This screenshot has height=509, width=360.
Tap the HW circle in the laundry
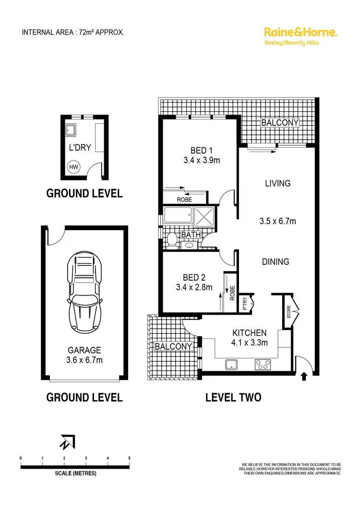click(73, 167)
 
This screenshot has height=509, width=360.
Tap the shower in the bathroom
click(204, 216)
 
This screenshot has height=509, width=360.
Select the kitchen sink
click(231, 365)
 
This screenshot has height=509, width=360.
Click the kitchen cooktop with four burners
click(263, 365)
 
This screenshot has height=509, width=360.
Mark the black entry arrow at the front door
click(303, 377)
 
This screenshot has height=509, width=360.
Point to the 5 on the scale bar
click(129, 459)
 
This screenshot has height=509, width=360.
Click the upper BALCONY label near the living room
click(280, 123)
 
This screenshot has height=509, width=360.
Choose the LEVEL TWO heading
click(233, 397)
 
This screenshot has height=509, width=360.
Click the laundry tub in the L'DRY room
click(71, 129)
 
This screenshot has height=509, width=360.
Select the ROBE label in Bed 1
click(184, 199)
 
